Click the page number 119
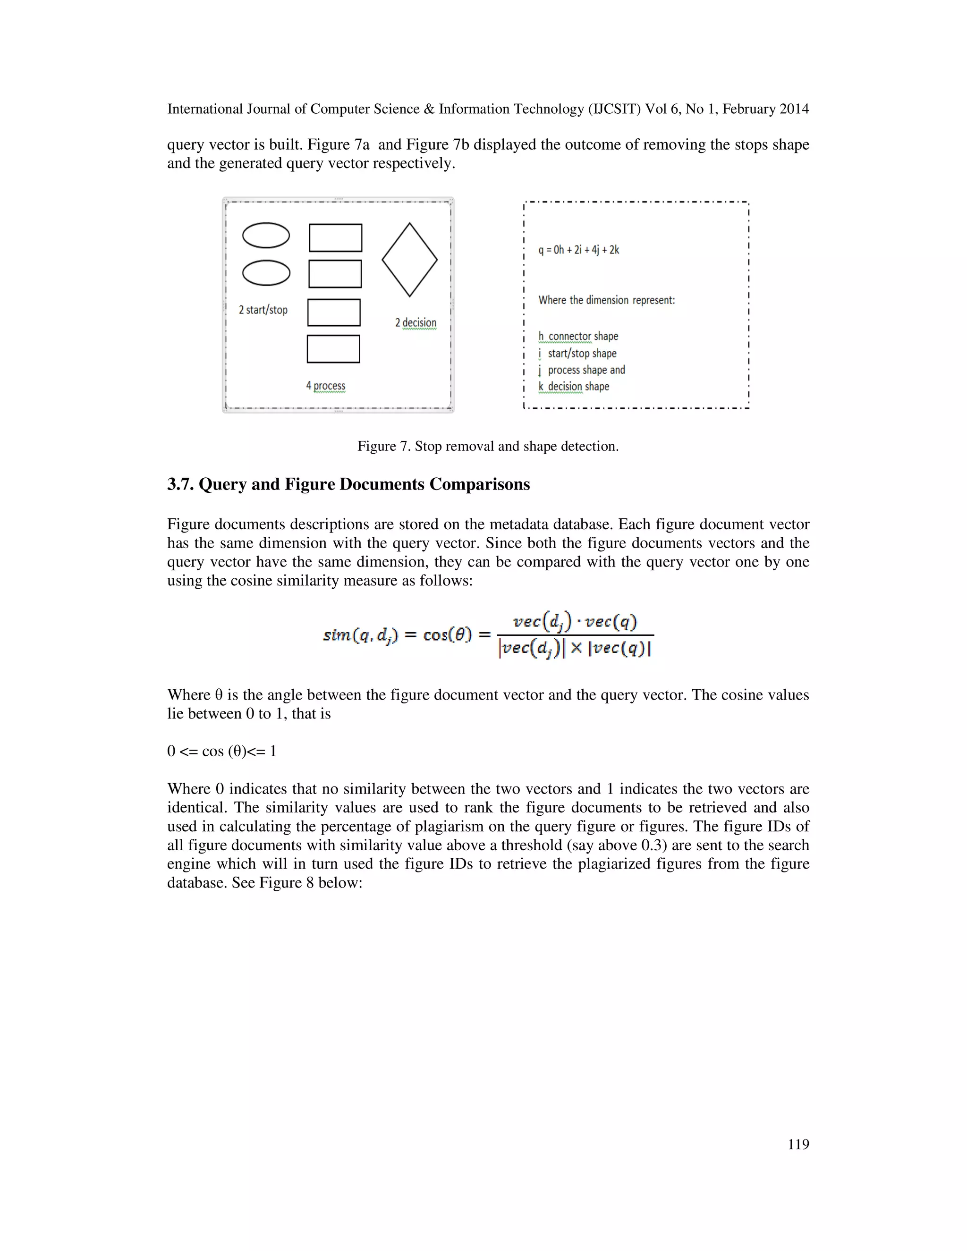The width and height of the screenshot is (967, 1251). click(798, 1144)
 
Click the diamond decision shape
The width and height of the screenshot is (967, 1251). click(409, 260)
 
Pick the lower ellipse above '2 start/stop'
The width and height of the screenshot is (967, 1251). click(266, 273)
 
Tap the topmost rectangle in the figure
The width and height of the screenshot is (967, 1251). click(335, 238)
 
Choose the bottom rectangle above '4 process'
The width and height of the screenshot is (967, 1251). click(333, 349)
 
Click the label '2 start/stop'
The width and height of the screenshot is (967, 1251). click(263, 310)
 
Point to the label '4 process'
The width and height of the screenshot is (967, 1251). click(325, 386)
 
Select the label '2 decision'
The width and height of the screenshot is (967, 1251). click(416, 322)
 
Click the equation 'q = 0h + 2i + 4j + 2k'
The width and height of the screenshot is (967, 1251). click(578, 250)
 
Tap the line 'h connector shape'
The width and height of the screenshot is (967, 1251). click(578, 336)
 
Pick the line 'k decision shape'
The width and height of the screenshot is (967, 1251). click(573, 387)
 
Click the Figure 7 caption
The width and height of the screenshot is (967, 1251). click(487, 446)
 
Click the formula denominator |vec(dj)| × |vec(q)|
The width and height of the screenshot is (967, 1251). click(575, 649)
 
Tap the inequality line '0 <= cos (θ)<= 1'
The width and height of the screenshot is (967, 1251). click(222, 751)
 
